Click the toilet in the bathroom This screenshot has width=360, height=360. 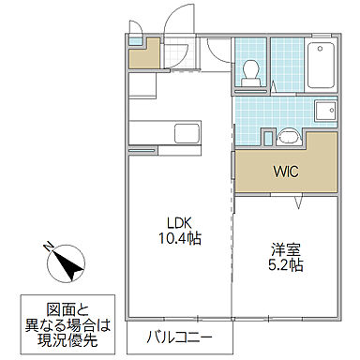[251, 72]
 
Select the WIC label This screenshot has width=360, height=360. [287, 172]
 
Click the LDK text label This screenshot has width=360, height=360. [180, 222]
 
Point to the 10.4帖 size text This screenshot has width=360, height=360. [180, 239]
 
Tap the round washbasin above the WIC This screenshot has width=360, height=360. [287, 138]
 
